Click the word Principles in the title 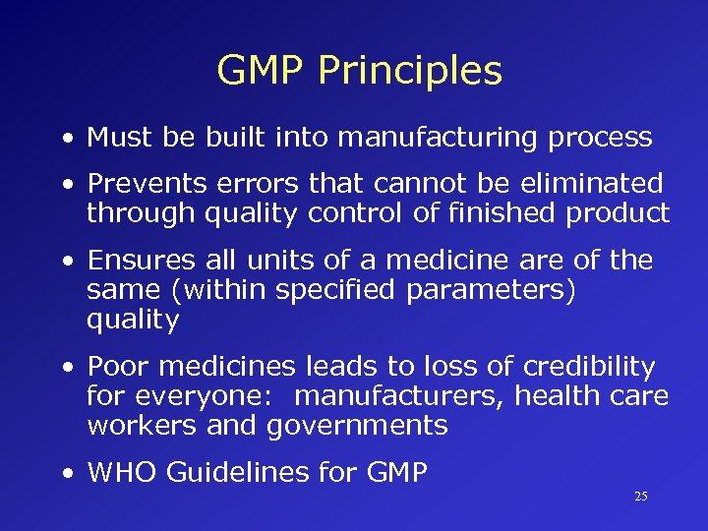[x=411, y=72]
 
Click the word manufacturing [x=417, y=138]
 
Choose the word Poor [x=118, y=367]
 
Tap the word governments [x=356, y=426]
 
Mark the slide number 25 [x=640, y=497]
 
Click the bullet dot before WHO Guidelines [x=65, y=474]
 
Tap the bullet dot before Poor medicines [x=65, y=368]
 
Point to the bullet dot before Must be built [x=65, y=139]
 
